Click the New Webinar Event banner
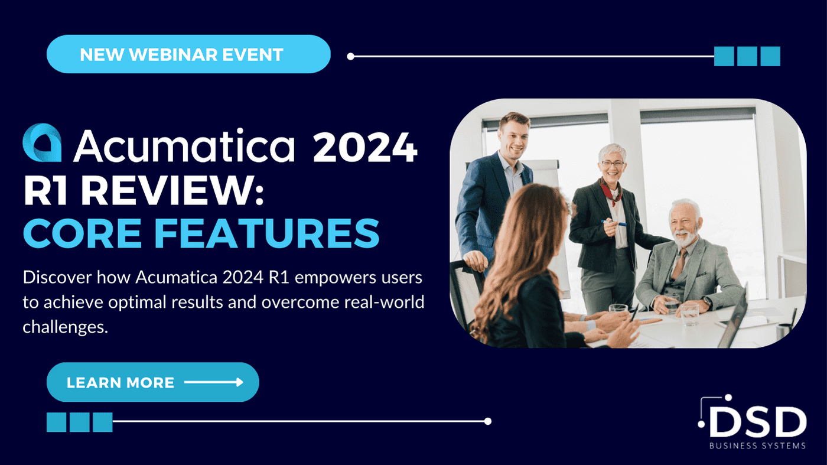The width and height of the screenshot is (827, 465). coord(188,54)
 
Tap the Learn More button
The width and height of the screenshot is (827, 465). coord(153,382)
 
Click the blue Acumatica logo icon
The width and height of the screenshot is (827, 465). coord(42,142)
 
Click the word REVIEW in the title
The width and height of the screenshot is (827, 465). coord(172,191)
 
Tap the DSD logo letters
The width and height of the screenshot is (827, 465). coord(757,422)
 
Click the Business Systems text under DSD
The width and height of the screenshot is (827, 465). coord(757,446)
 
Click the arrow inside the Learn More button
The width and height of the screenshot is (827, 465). coord(214,382)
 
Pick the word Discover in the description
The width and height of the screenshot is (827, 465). coord(57,277)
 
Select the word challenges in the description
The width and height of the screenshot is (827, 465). coord(66,327)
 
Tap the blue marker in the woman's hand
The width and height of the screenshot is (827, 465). coord(614,223)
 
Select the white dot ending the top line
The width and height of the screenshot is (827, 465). coord(351,57)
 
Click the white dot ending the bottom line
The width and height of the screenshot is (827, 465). coord(488,421)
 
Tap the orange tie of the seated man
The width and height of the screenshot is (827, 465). coord(679,263)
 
